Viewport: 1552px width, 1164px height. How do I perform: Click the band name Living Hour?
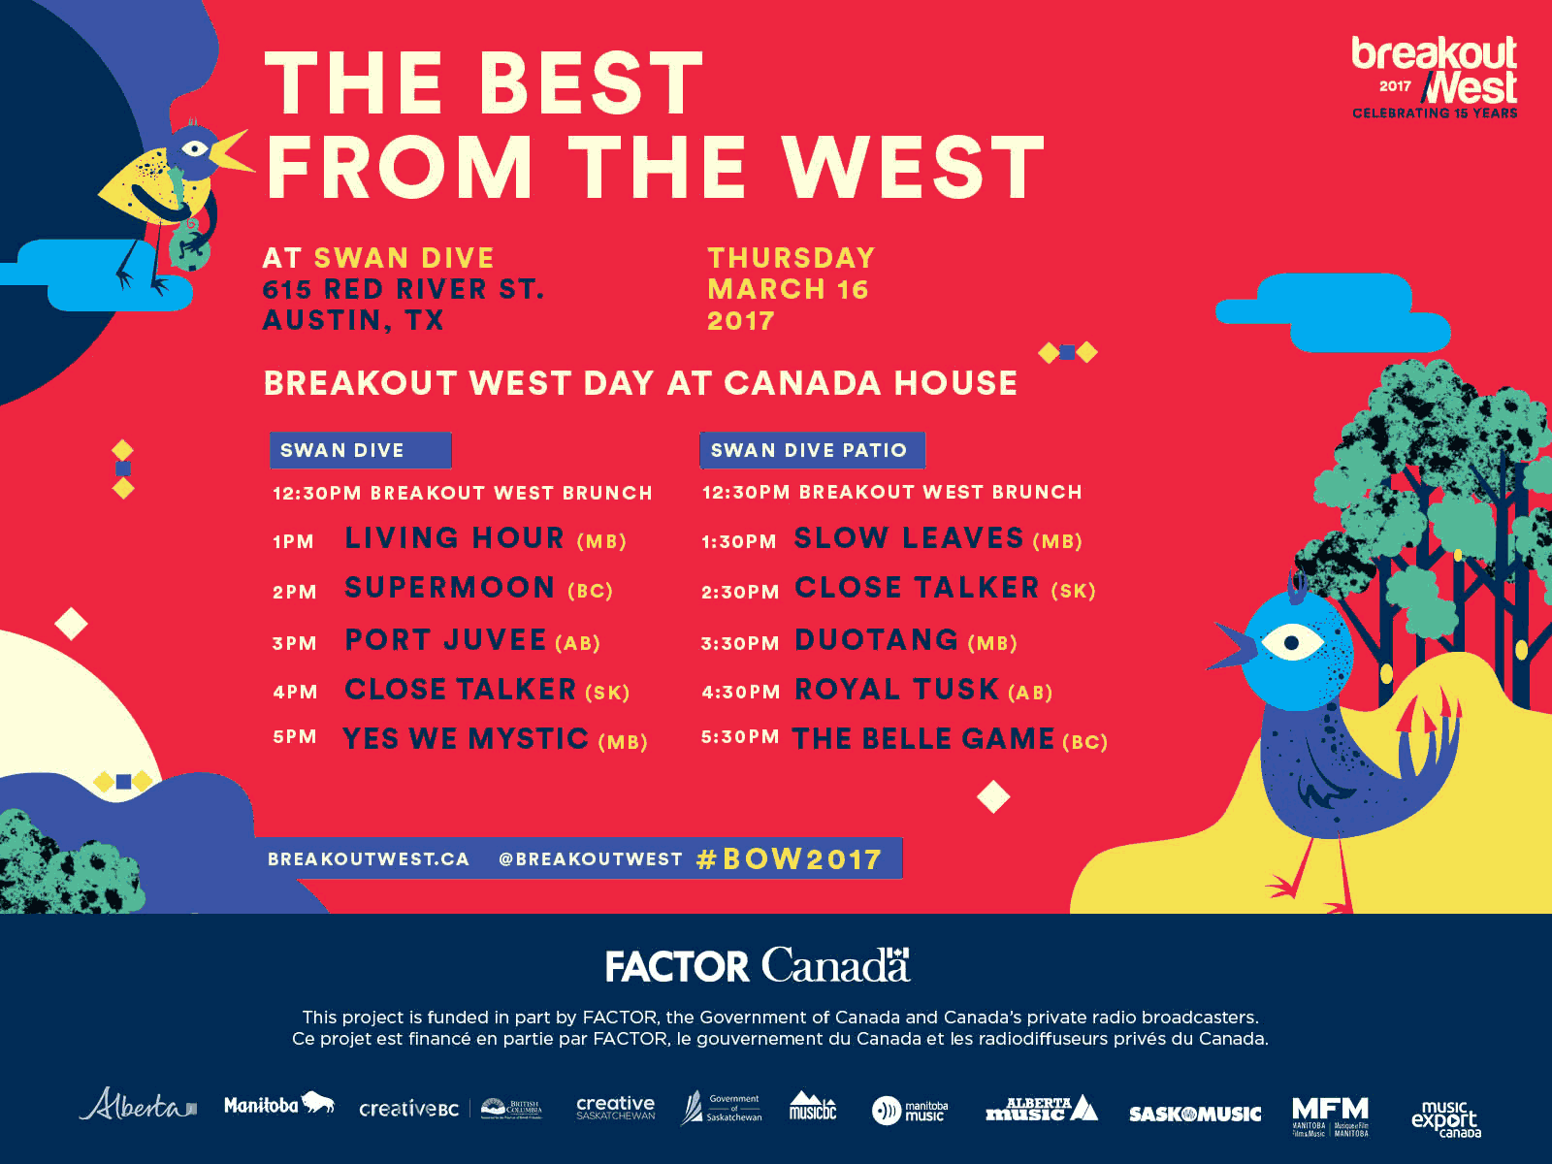454,538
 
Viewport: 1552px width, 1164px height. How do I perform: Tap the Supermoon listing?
449,589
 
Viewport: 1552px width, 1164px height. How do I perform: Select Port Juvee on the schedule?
445,640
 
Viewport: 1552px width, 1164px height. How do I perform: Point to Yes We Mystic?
466,739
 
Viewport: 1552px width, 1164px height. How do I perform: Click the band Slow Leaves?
909,538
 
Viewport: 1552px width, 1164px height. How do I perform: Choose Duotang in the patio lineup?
876,640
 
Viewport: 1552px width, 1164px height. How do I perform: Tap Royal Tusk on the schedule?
896,690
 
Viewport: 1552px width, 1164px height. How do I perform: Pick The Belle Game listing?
922,739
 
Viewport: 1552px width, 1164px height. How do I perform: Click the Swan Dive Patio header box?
811,450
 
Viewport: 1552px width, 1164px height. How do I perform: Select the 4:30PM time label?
740,692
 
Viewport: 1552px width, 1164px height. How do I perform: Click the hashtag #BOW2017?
789,859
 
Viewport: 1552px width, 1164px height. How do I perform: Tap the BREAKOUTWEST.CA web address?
369,859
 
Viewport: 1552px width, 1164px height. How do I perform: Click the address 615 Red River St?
403,289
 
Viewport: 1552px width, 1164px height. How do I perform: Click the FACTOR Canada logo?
758,966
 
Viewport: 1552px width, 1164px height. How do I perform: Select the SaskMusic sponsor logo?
1194,1114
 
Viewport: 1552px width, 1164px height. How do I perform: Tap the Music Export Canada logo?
1445,1117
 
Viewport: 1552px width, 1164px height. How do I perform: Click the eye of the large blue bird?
1291,642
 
